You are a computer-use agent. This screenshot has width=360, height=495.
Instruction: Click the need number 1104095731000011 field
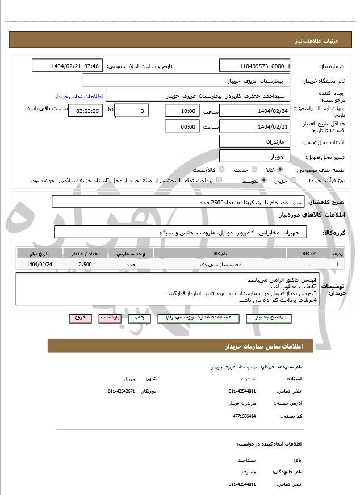tap(254, 66)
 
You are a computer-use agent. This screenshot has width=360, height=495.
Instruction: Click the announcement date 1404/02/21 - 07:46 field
tap(66, 66)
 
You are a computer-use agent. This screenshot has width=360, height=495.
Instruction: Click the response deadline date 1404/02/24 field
tap(254, 110)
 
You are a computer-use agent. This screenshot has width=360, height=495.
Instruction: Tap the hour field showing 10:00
tap(182, 110)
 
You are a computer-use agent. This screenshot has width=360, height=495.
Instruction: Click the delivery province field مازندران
tap(254, 141)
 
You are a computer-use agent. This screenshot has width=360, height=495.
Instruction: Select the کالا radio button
tap(280, 170)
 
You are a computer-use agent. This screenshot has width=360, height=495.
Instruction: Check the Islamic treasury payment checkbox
tap(219, 180)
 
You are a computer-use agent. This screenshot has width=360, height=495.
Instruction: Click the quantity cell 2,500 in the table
tap(85, 265)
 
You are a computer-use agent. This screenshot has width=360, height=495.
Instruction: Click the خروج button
tap(80, 318)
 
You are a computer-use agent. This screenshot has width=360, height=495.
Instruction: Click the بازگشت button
tap(110, 318)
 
